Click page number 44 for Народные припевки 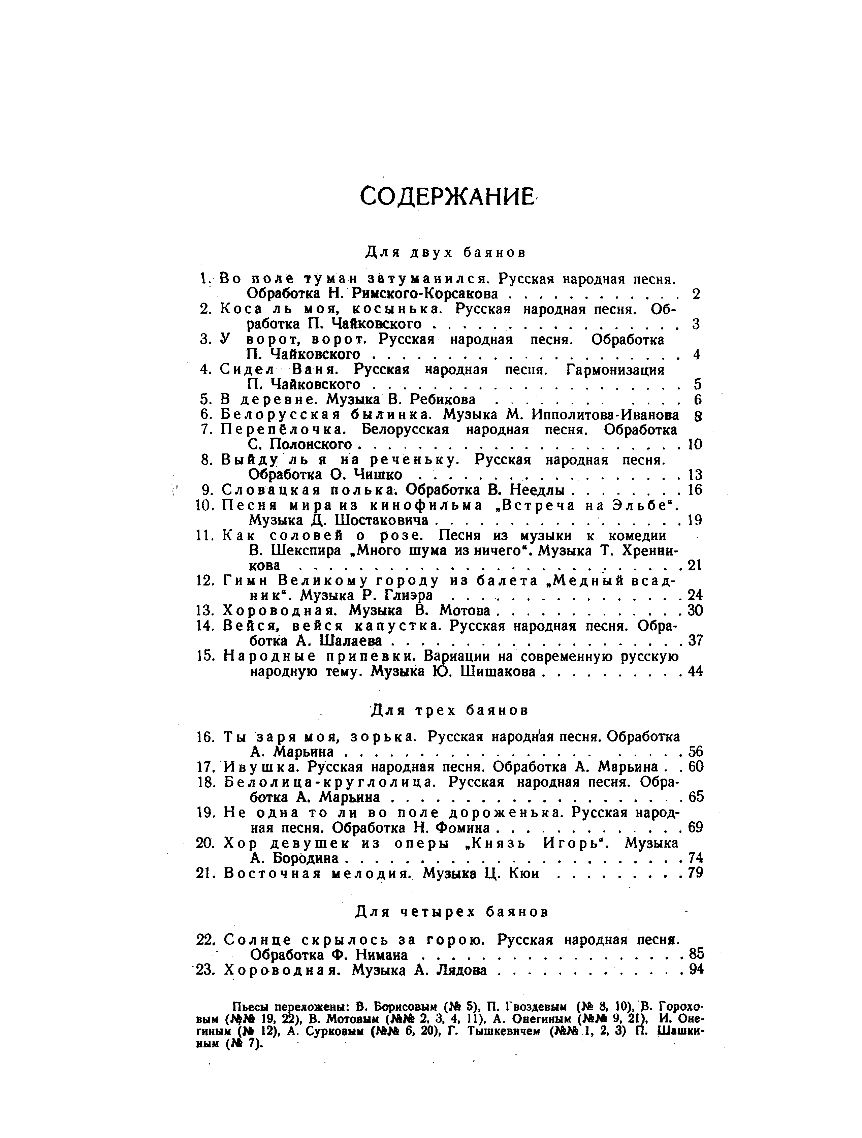[x=695, y=671]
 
